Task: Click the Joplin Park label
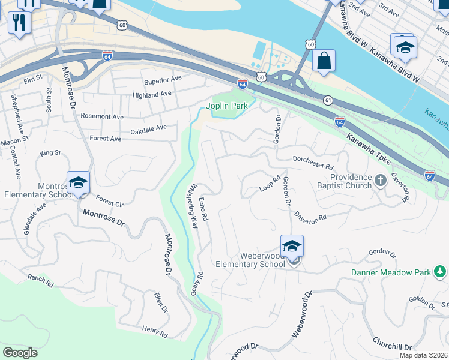point(227,106)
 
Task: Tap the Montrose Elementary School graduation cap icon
point(78,182)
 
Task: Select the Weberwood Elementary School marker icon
point(292,246)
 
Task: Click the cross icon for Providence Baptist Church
point(380,180)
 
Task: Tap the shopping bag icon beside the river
point(324,61)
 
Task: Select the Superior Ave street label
point(162,79)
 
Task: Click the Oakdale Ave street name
point(148,128)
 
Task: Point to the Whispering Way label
point(193,206)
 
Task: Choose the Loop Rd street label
point(270,184)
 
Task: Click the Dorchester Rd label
point(313,162)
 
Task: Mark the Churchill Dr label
point(392,346)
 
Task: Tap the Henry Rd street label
point(155,331)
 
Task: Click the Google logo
point(20,353)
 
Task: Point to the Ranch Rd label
point(40,278)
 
